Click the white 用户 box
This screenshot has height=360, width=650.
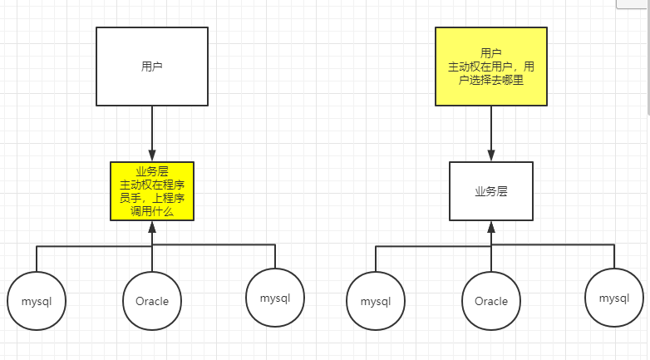pos(151,67)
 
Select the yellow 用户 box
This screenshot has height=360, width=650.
pos(490,67)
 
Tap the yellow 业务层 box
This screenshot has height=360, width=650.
pos(151,191)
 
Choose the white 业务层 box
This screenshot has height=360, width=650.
pos(490,191)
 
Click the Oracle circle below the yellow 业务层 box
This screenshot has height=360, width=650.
pos(151,301)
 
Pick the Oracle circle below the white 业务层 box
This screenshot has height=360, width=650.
pos(490,301)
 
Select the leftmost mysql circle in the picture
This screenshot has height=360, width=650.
pos(37,301)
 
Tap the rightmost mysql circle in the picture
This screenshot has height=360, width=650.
pos(613,298)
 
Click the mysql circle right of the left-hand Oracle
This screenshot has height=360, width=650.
pos(274,298)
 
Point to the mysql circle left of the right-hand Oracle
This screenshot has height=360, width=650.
pos(376,301)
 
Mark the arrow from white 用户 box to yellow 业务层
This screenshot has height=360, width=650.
pos(151,133)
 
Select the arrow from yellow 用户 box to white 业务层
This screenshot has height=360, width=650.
pos(490,133)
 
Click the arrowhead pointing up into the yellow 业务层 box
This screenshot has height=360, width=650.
pos(151,226)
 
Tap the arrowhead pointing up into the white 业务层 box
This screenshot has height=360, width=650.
pos(490,226)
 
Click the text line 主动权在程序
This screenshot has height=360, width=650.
pos(151,185)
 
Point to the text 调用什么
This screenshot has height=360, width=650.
pos(151,212)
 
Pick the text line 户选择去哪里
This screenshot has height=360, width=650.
pos(490,80)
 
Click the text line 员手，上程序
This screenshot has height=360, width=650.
pos(151,199)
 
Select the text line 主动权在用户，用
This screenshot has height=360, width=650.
pos(490,66)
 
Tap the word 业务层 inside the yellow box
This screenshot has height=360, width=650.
pos(151,171)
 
